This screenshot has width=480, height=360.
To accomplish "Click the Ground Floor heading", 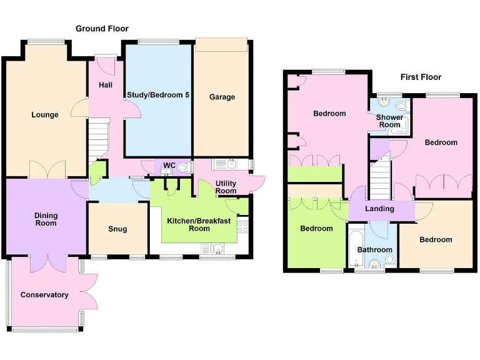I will coord(102,29).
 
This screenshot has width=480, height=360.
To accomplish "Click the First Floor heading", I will coord(421,77).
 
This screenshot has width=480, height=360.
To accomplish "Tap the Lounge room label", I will coord(45,115).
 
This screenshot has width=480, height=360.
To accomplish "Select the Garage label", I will coord(222,97).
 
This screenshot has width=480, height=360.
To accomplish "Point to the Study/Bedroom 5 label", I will coord(158,95).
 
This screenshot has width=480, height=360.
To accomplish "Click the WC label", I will coord(169,166).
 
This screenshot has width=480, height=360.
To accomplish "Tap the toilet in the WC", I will coord(182,167).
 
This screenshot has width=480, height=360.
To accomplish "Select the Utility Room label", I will coord(226,187).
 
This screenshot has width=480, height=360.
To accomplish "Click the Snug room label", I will coord(117,229).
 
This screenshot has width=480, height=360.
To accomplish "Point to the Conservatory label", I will coord(44,295).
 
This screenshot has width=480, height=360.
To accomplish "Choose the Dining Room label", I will coord(46,219).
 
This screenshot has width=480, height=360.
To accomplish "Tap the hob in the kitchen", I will coord(243,226).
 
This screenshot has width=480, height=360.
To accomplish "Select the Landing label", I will coord(379,209).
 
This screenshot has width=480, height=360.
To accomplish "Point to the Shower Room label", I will coord(389,121).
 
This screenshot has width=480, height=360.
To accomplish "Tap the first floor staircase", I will coord(380,177).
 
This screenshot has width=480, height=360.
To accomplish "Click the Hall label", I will coord(106,85).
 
